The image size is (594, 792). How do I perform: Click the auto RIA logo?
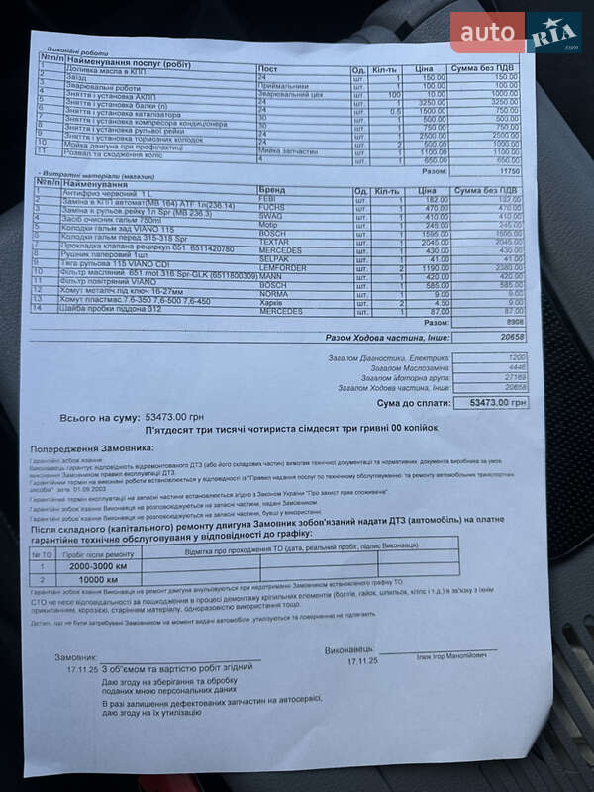pyautogui.click(x=516, y=33)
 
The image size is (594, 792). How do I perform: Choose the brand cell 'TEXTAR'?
pyautogui.click(x=274, y=241)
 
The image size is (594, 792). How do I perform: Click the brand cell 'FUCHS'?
pyautogui.click(x=272, y=207)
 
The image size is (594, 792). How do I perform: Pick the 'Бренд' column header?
pyautogui.click(x=271, y=188)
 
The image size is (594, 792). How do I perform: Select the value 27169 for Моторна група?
pyautogui.click(x=515, y=377)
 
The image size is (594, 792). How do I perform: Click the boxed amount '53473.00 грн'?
pyautogui.click(x=491, y=403)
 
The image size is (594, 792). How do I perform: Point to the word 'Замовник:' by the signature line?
pyautogui.click(x=75, y=657)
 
